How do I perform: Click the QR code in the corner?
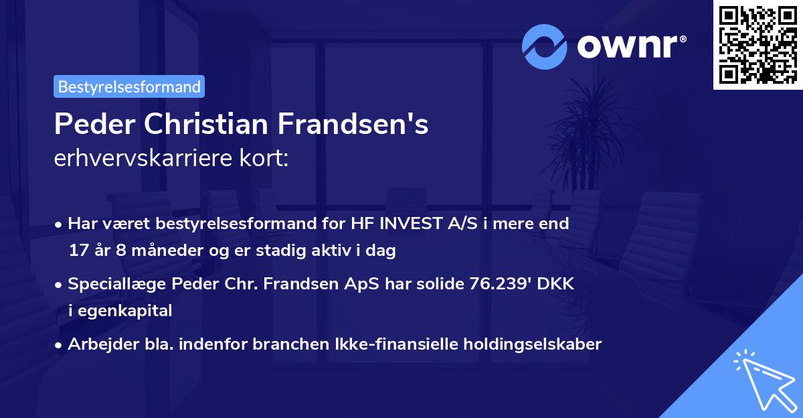click(x=757, y=44)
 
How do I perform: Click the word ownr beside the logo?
click(x=629, y=46)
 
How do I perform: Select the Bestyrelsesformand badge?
click(x=129, y=86)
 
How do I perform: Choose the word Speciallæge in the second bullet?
click(x=117, y=283)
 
